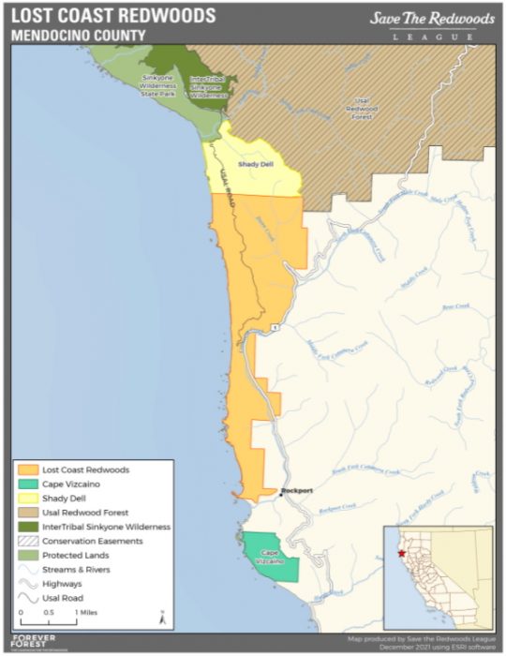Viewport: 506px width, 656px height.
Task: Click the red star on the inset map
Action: (x=402, y=553)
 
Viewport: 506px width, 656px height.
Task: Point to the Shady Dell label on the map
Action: (x=255, y=164)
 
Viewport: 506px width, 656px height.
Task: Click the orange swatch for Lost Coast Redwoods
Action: (x=29, y=469)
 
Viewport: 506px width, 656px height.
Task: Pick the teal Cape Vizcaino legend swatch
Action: (x=29, y=484)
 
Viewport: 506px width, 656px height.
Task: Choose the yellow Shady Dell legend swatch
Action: (x=29, y=498)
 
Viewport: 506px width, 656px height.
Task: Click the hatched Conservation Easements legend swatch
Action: (x=29, y=541)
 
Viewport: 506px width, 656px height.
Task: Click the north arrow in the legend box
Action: (x=161, y=618)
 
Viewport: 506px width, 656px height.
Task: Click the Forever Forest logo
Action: (x=33, y=643)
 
